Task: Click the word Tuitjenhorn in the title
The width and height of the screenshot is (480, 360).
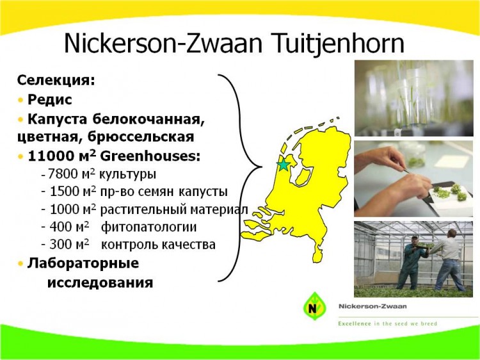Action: tap(336, 44)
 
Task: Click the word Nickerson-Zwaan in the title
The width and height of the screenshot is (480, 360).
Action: tap(163, 43)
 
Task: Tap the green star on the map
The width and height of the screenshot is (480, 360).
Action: tap(283, 165)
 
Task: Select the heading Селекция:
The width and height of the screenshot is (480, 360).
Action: tap(56, 80)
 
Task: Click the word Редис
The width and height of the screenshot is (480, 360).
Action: tap(49, 99)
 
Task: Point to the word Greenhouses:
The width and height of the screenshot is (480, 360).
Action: tap(150, 156)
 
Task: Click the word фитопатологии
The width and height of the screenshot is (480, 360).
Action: tap(148, 227)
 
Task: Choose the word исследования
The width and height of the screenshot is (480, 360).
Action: tap(100, 282)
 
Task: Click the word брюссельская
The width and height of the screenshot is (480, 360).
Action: tap(141, 136)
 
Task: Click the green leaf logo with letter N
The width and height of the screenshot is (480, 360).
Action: tap(314, 306)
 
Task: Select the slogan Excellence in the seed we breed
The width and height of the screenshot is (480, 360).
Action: tap(388, 323)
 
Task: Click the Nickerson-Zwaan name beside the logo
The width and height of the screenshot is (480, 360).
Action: tap(372, 306)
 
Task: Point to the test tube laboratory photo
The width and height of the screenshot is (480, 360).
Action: tap(414, 98)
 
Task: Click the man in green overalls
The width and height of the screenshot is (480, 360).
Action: tap(410, 263)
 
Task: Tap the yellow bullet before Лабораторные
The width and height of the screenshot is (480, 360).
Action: tap(20, 263)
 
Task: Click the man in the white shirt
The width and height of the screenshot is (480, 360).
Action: tap(447, 261)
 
